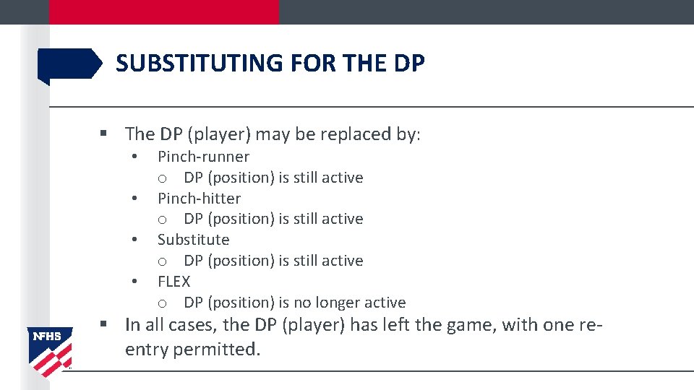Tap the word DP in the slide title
(x=410, y=64)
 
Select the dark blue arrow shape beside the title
(x=69, y=64)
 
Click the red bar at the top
(x=163, y=12)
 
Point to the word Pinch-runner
(x=203, y=157)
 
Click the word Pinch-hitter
(x=199, y=198)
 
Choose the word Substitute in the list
(x=193, y=240)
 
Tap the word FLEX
(x=173, y=282)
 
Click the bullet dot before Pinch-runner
(x=134, y=157)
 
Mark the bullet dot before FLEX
(x=134, y=282)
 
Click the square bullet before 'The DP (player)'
(x=104, y=134)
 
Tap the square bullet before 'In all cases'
(x=104, y=325)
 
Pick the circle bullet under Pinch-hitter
(x=163, y=220)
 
